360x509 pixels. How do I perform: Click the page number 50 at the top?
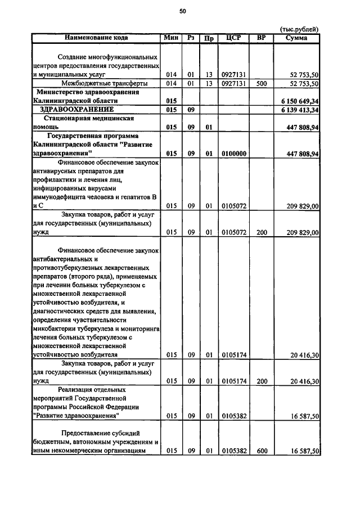(x=183, y=11)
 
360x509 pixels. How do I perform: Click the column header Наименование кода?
(x=96, y=38)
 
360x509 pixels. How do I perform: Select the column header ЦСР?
(x=233, y=38)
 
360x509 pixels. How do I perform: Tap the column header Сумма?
(x=296, y=38)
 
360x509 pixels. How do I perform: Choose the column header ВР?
(x=261, y=38)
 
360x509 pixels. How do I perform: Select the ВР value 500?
(x=261, y=83)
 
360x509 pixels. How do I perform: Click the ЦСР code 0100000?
(x=233, y=153)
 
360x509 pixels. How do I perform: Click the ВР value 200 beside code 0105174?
(x=261, y=381)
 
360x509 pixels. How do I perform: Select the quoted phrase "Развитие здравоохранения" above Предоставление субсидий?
(x=76, y=416)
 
